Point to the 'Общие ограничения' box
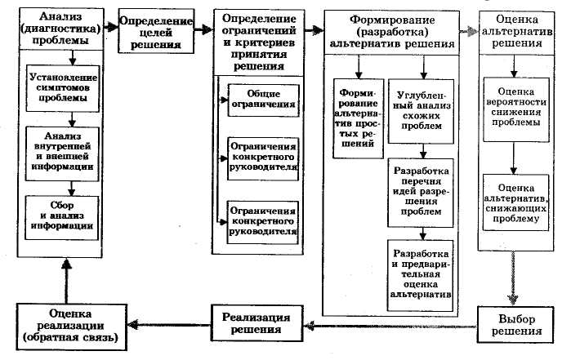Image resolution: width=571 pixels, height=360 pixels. pos(260,99)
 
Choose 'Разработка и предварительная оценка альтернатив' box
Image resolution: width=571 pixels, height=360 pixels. pos(422,269)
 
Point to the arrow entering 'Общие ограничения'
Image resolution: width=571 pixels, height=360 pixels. pos(221,99)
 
